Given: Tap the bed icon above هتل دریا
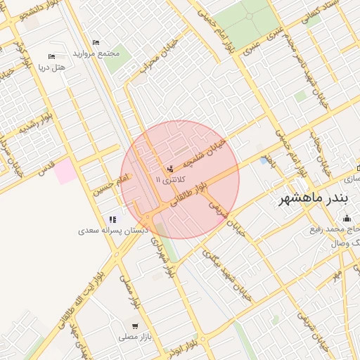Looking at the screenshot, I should click(x=51, y=56).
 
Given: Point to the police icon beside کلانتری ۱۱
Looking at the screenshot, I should click(x=169, y=169).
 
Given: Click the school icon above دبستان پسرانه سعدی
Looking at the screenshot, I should click(x=113, y=219).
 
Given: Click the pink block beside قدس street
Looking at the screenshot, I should click(x=65, y=171).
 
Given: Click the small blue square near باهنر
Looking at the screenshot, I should click(x=264, y=161).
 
